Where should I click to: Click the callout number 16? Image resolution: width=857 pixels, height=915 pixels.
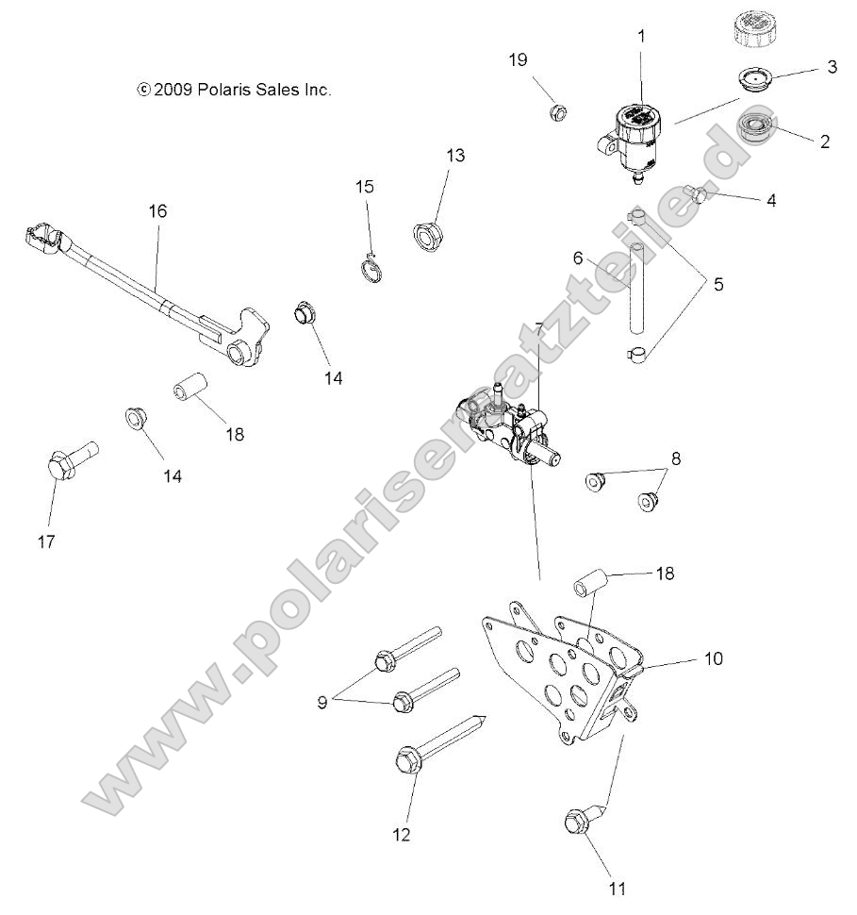point(157,210)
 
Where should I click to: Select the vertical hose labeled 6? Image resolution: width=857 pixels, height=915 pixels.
point(637,287)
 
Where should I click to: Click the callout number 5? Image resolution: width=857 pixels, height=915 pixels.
point(717,282)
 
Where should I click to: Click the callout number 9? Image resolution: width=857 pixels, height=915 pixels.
point(321,702)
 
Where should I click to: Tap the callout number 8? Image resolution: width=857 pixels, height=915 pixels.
point(676,459)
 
